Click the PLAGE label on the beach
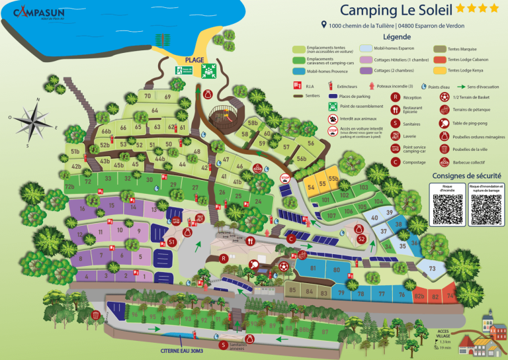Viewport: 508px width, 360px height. (x=194, y=60)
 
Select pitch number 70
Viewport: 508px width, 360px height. (x=148, y=97)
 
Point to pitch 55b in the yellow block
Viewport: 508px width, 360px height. (x=333, y=179)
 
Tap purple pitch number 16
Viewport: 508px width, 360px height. (x=83, y=209)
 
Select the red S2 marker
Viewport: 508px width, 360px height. (x=361, y=239)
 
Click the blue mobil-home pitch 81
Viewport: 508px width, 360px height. (x=313, y=269)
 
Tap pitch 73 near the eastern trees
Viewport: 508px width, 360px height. (x=433, y=268)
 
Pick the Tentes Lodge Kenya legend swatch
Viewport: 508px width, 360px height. (x=439, y=70)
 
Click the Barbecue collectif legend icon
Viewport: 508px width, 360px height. (x=443, y=161)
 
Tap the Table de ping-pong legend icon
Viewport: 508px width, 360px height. (x=443, y=123)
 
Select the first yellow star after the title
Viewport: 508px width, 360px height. (x=461, y=9)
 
